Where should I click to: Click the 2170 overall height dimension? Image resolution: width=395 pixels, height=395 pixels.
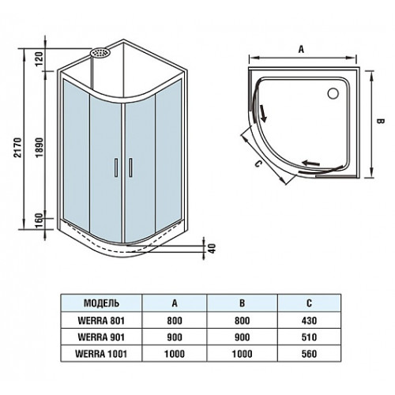tap(17, 147)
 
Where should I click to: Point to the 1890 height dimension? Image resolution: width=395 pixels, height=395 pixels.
tap(39, 148)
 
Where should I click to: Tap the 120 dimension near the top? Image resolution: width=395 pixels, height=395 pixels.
tap(39, 59)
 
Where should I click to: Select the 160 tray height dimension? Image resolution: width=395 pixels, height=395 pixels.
tap(39, 221)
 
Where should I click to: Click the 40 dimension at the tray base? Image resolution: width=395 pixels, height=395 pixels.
tap(212, 248)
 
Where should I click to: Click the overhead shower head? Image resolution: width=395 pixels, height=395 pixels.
tap(100, 52)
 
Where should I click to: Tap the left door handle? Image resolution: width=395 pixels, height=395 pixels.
tap(116, 167)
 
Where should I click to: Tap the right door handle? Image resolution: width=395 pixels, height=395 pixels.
tap(130, 167)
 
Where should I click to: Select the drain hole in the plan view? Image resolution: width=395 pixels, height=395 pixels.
tap(333, 93)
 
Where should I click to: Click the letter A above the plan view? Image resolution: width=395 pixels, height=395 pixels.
tap(301, 49)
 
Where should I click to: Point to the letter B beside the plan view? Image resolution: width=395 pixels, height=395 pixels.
tap(380, 121)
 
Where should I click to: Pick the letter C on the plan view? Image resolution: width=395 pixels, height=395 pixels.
tap(258, 164)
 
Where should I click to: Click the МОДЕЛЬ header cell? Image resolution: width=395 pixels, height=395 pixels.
tap(101, 303)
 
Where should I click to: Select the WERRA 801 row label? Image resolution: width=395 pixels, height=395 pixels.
tap(101, 321)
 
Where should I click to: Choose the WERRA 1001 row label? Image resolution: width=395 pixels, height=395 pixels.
tap(101, 354)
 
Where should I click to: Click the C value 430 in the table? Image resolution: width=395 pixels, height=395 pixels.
tap(309, 321)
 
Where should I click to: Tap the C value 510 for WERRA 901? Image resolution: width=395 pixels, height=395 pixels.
tap(309, 337)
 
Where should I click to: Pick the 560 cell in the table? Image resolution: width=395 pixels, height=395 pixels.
tap(309, 354)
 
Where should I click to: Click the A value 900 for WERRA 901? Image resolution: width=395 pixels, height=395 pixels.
tap(175, 337)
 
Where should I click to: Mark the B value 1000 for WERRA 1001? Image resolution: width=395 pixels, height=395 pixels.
tap(242, 354)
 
